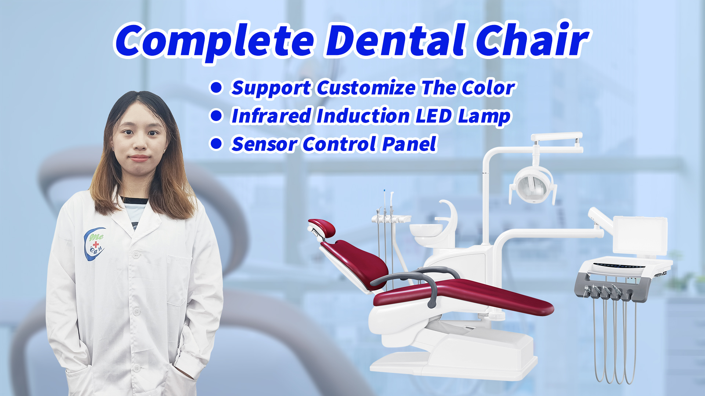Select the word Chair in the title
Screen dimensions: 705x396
point(532,39)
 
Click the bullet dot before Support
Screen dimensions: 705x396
point(216,88)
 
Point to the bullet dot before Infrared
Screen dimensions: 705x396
point(216,115)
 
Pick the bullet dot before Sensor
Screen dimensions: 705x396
point(216,143)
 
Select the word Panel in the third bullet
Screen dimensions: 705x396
point(409,143)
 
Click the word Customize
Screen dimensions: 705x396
point(366,88)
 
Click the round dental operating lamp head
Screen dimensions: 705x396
point(533,185)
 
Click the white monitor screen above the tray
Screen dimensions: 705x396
point(640,235)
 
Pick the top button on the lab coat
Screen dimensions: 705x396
point(136,254)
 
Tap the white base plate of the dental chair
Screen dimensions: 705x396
point(453,363)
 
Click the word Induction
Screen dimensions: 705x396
point(363,116)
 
